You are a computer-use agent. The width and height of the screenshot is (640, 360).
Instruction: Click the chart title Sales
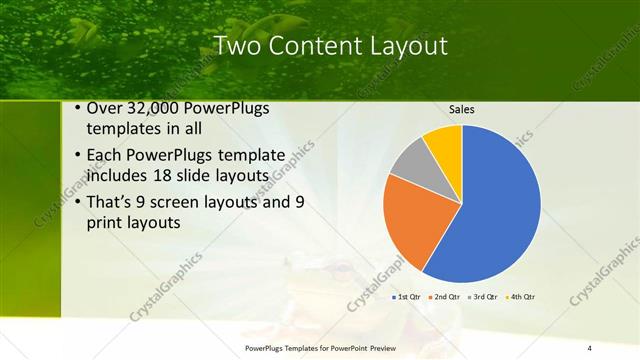[x=461, y=109]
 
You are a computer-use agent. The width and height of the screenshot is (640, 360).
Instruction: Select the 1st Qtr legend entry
[x=406, y=297]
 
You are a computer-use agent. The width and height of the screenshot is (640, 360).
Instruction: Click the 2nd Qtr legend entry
[x=446, y=297]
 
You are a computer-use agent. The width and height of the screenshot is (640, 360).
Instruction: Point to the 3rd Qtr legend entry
[x=485, y=297]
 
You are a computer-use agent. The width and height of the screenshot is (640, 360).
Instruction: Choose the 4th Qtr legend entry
[x=523, y=297]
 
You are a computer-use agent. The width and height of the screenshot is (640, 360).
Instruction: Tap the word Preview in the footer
[x=379, y=347]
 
